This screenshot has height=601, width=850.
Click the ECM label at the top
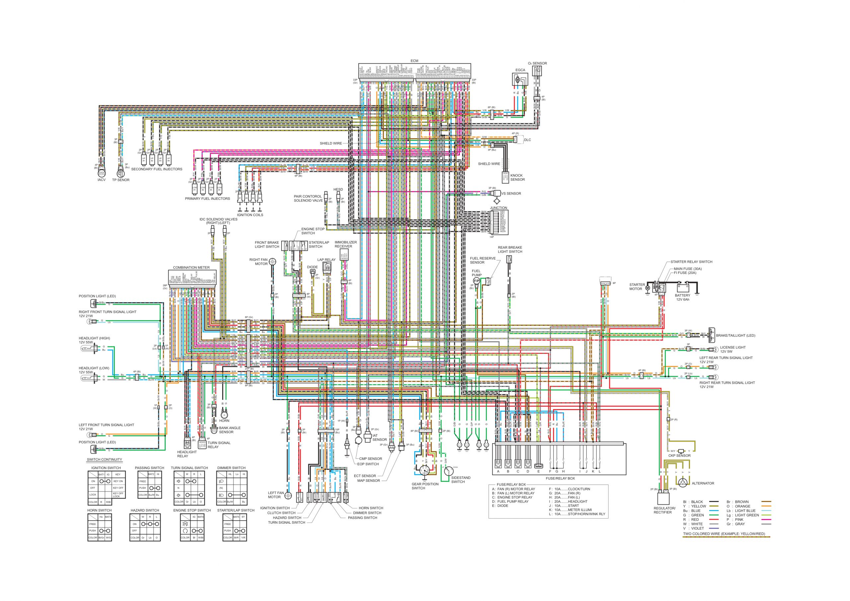pos(414,61)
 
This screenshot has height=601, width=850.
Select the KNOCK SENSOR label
pos(517,177)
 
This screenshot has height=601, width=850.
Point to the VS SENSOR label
pos(511,193)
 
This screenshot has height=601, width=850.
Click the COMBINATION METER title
pos(191,267)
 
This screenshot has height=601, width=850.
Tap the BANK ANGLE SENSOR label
pos(229,430)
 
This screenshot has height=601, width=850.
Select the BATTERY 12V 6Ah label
pos(682,298)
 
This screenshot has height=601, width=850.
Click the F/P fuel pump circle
pos(476,281)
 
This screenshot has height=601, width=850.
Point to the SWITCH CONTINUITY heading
pos(104,460)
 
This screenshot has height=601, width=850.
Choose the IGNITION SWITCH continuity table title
pos(106,468)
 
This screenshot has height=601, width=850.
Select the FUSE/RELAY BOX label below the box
pos(560,478)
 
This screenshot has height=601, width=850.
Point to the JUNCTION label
pos(498,208)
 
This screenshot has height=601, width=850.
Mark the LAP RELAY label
pos(326,260)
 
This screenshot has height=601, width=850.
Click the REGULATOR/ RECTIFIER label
pos(664,510)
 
